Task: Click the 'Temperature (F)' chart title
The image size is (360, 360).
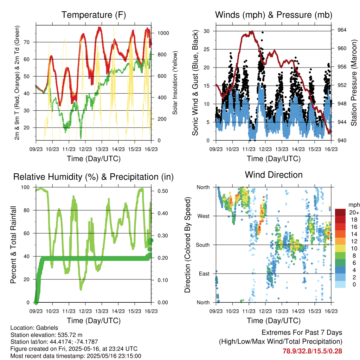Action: coord(94,15)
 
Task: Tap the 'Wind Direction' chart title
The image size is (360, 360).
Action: coord(274,175)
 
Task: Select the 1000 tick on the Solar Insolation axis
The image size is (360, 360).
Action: coord(163,33)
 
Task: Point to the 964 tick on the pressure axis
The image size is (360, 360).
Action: coord(342,30)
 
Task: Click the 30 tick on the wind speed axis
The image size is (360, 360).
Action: coord(207,31)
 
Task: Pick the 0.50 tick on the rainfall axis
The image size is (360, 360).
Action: coord(162,191)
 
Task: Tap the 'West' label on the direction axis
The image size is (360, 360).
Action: coord(204,216)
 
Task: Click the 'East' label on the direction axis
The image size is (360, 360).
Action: coord(204,274)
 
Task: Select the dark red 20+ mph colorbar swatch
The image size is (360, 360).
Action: coord(340,212)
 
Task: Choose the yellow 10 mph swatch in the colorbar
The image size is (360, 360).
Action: coord(340,249)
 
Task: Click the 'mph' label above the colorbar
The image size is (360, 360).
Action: coord(354,205)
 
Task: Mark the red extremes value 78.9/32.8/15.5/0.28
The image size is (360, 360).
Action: coord(312,351)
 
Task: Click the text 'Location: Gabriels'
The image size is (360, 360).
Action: coord(34,328)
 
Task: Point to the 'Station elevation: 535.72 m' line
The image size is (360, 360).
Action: coord(46,335)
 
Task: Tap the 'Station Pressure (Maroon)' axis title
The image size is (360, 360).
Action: coord(354,83)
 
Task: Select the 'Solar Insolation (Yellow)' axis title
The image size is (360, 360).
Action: coord(175,83)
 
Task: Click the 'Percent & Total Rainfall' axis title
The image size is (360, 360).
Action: coord(13,245)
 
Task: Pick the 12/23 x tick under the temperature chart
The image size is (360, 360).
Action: coord(85,149)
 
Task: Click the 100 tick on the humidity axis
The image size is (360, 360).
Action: coord(25,187)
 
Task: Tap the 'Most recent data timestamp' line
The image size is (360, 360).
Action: coord(76,356)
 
